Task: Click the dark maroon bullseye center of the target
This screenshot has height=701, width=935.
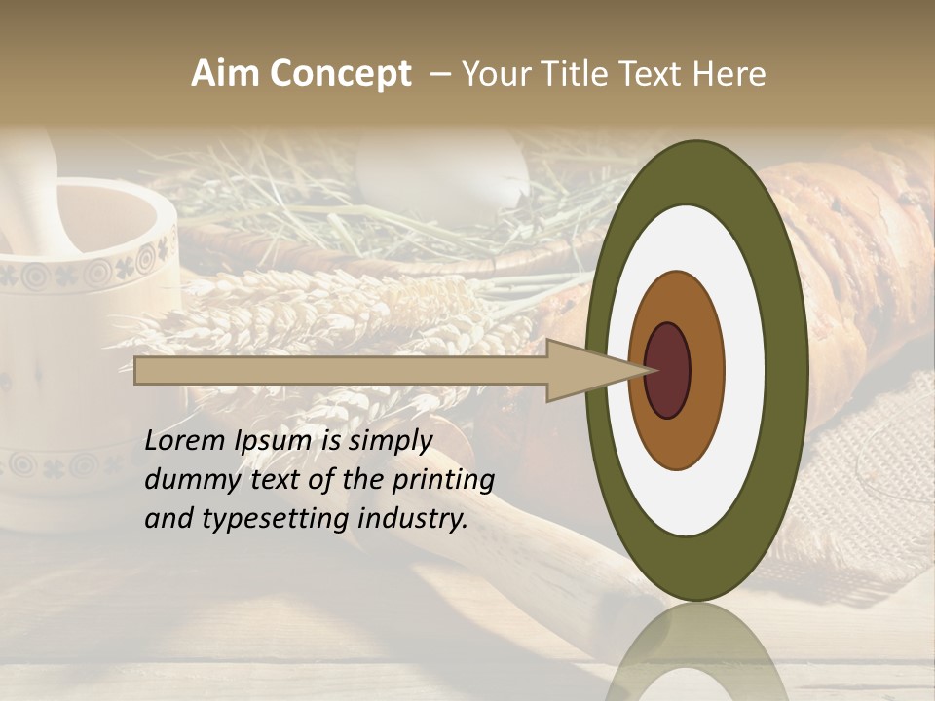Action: (667, 370)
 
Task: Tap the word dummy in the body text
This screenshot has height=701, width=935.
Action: (187, 479)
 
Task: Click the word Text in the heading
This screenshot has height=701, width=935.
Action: (655, 74)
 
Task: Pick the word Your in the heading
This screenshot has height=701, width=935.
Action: (492, 74)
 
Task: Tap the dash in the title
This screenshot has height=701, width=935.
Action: (439, 74)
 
